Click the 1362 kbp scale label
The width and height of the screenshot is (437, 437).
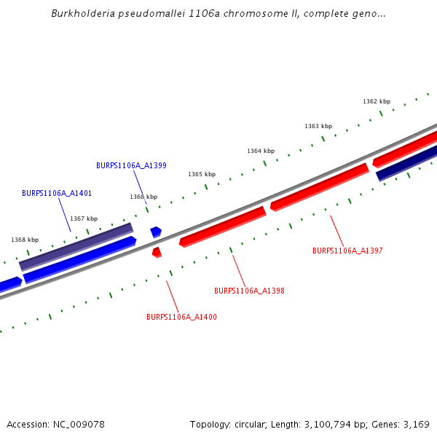pyautogui.click(x=377, y=101)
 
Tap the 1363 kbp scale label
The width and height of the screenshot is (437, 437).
pyautogui.click(x=318, y=126)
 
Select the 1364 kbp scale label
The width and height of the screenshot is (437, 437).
pyautogui.click(x=261, y=151)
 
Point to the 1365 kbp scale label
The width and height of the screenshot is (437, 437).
pyautogui.click(x=202, y=174)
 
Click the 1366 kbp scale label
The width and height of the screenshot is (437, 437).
pyautogui.click(x=143, y=197)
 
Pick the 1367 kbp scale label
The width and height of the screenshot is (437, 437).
pyautogui.click(x=84, y=219)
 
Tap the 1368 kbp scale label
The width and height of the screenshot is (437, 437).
pyautogui.click(x=25, y=240)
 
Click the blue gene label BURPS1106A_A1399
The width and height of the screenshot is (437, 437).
pyautogui.click(x=131, y=165)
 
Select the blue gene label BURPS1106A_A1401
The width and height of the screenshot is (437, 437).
pyautogui.click(x=57, y=193)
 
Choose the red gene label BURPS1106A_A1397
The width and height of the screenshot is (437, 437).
pyautogui.click(x=347, y=251)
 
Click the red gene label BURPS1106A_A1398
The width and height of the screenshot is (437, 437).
pyautogui.click(x=249, y=291)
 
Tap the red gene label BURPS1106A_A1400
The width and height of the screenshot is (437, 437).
pyautogui.click(x=181, y=317)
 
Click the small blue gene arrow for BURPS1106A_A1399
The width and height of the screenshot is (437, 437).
pyautogui.click(x=156, y=232)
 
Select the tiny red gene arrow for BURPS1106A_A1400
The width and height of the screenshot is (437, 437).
pyautogui.click(x=157, y=252)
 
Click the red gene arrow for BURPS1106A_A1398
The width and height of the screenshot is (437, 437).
pyautogui.click(x=222, y=226)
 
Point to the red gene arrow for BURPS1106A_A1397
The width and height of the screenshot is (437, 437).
pyautogui.click(x=319, y=187)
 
